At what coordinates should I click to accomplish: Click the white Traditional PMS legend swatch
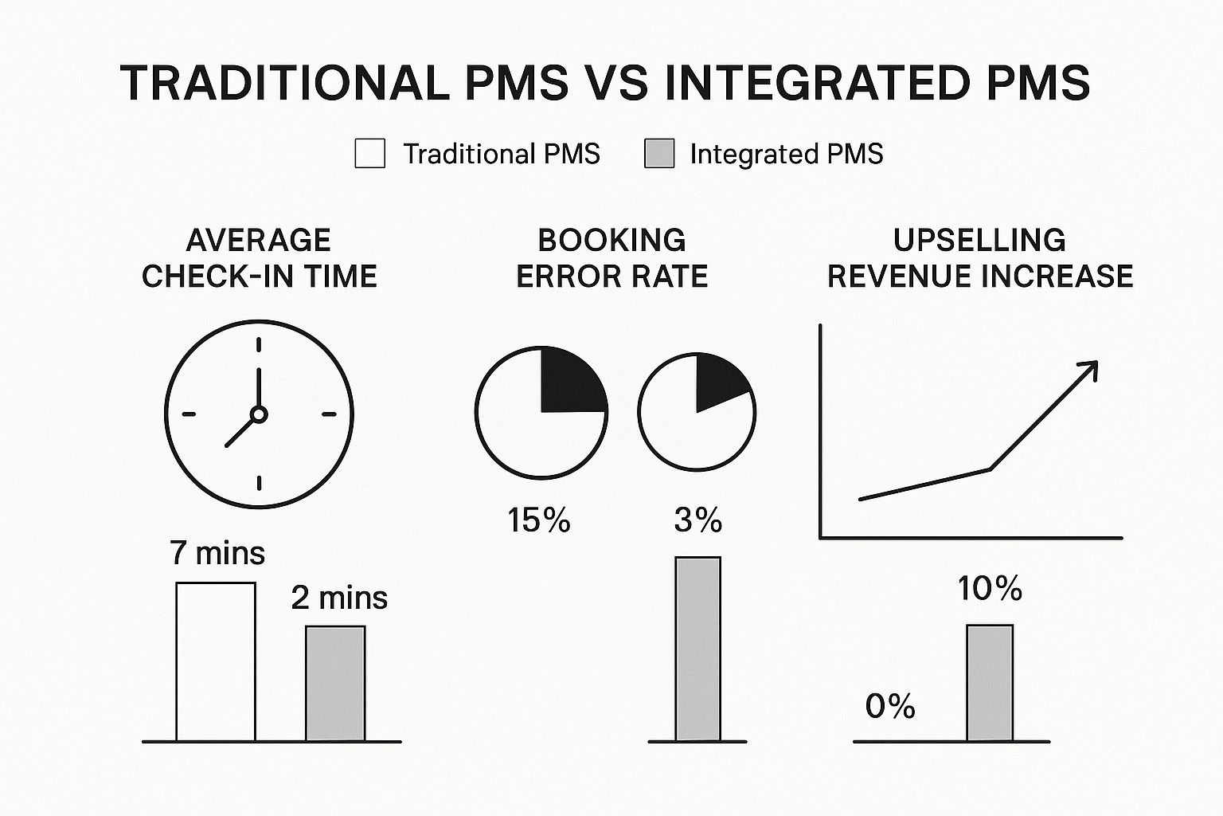click(x=369, y=153)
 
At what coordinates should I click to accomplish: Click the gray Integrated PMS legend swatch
click(x=659, y=153)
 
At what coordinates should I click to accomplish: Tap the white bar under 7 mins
click(x=216, y=661)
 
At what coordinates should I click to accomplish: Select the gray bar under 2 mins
click(x=335, y=684)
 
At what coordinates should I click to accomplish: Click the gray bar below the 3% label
click(x=697, y=649)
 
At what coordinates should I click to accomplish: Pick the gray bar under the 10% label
click(x=990, y=683)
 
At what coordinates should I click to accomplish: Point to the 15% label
click(x=539, y=520)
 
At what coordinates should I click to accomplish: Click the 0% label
click(x=890, y=706)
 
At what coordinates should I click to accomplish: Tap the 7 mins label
click(x=217, y=552)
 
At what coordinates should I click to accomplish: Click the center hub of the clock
click(x=259, y=414)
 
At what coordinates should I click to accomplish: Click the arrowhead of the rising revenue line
click(x=1089, y=369)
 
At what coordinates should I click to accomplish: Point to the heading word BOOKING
click(x=611, y=240)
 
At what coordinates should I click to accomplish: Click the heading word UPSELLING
click(x=979, y=240)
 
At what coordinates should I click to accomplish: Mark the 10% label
click(x=990, y=588)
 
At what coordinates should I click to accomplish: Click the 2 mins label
click(x=339, y=597)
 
